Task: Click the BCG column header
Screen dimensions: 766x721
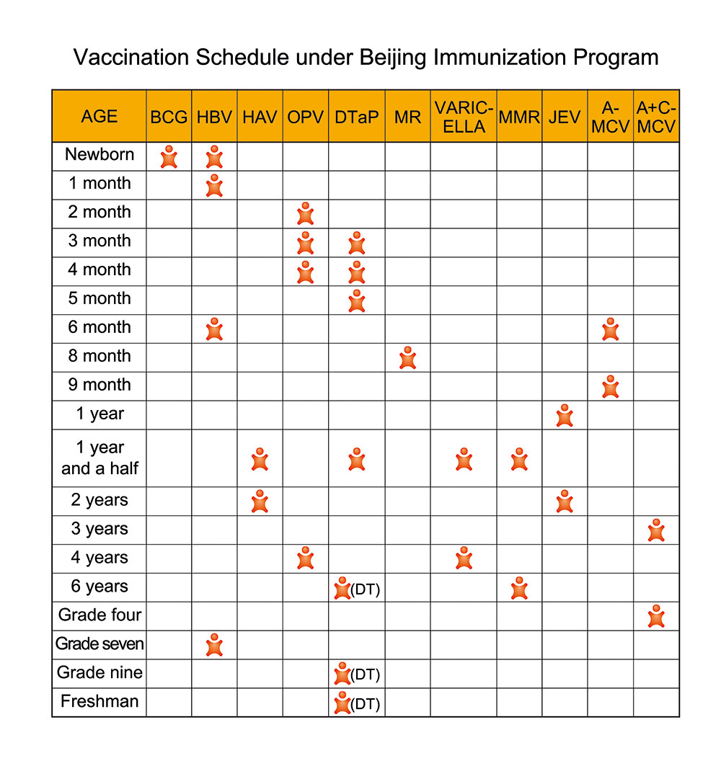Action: (169, 117)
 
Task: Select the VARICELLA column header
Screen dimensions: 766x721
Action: (464, 117)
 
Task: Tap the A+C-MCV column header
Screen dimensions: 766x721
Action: (656, 117)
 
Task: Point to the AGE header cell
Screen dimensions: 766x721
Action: (99, 117)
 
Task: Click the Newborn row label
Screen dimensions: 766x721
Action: (99, 154)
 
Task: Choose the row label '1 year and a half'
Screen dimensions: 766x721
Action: (99, 458)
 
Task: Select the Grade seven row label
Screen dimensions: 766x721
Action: (99, 644)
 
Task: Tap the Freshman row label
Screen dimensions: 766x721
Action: (99, 702)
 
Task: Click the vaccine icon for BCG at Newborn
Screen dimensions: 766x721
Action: (169, 156)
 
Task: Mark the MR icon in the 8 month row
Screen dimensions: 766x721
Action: (407, 357)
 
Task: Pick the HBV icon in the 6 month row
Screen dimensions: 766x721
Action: (214, 329)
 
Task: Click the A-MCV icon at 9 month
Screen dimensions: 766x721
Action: (610, 386)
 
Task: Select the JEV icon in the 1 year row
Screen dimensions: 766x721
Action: (565, 416)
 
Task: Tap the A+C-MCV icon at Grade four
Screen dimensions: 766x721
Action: (656, 616)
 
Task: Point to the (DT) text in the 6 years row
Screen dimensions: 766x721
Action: (366, 589)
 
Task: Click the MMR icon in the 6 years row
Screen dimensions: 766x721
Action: (519, 588)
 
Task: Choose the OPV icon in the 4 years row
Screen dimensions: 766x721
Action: (306, 558)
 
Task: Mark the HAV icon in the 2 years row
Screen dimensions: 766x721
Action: (260, 501)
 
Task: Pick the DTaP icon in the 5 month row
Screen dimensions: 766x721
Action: (356, 300)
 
